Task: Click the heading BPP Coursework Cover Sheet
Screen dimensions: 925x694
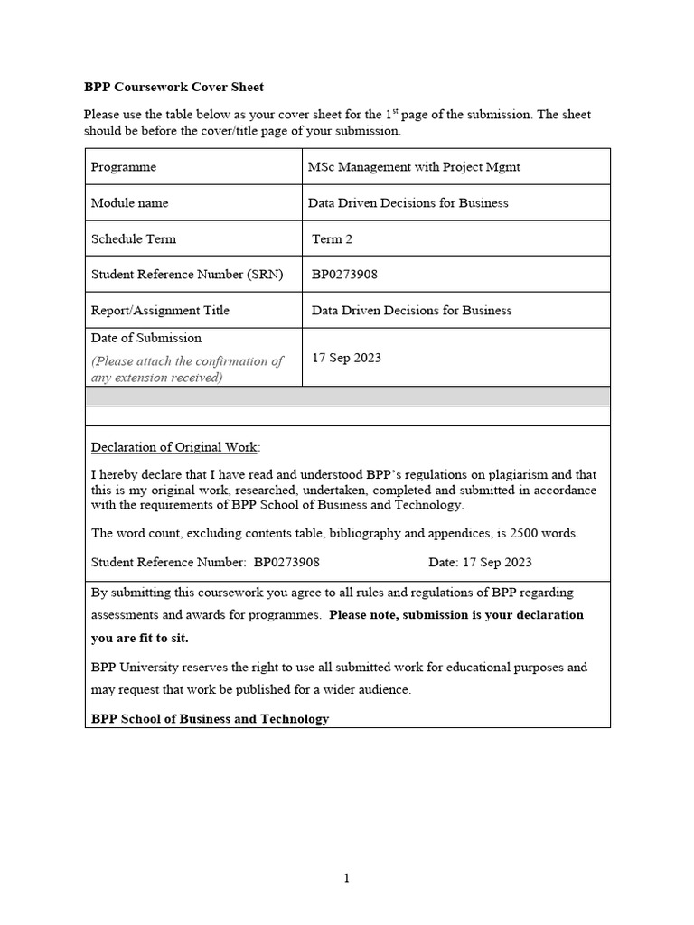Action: click(173, 88)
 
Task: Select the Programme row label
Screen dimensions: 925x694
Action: click(124, 167)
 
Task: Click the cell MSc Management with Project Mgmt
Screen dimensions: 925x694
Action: click(414, 167)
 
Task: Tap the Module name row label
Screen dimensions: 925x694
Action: click(129, 203)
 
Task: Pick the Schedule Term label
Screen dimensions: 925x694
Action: click(134, 239)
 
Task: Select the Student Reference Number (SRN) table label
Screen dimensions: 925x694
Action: click(187, 275)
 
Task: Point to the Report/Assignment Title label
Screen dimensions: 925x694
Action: click(160, 311)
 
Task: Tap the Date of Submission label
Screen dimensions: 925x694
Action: click(146, 338)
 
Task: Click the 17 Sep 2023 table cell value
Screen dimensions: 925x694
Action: click(346, 358)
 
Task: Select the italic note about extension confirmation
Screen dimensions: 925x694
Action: click(186, 369)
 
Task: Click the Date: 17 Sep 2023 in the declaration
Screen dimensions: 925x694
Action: click(480, 562)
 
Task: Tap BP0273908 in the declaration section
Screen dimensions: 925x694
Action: click(286, 562)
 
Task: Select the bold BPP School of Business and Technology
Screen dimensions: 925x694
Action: click(210, 719)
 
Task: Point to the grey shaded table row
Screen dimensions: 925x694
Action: click(347, 397)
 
